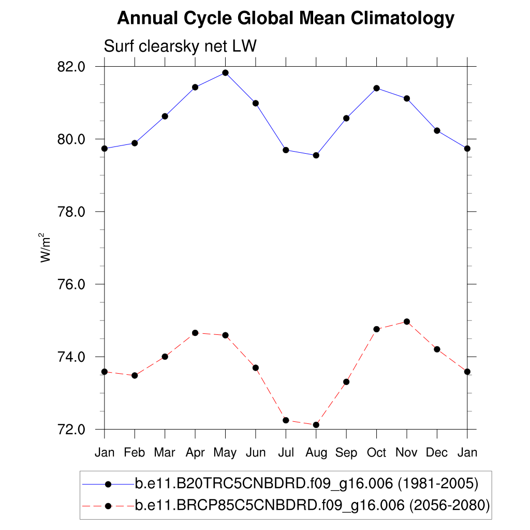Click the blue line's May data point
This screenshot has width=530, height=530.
tap(225, 72)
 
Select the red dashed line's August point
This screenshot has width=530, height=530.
tap(316, 425)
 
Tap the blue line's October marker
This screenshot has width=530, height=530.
tap(377, 88)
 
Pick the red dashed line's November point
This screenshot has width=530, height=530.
tap(407, 321)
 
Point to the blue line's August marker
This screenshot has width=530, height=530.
tap(316, 155)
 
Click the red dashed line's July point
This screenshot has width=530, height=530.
tap(286, 420)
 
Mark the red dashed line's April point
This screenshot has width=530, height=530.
tap(195, 333)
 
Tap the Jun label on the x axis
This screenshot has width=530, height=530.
tap(255, 453)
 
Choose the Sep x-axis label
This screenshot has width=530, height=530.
tap(346, 453)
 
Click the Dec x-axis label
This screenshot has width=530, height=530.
tap(437, 453)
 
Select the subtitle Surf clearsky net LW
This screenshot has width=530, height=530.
tap(181, 47)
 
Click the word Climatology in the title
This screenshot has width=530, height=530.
tap(403, 19)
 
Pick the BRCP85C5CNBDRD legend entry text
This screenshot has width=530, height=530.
tap(312, 505)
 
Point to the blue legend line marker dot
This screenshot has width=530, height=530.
tap(108, 484)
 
